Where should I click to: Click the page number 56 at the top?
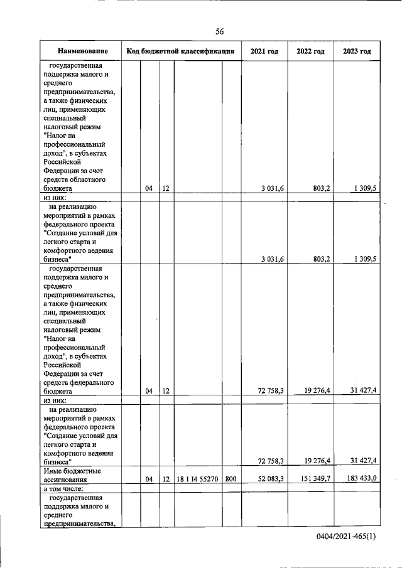pyautogui.click(x=220, y=31)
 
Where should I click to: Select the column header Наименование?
pyautogui.click(x=82, y=51)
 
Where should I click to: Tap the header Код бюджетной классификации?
pyautogui.click(x=181, y=51)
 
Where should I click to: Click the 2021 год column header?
pyautogui.click(x=264, y=51)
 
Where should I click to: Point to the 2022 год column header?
pyautogui.click(x=310, y=51)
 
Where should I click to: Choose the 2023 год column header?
pyautogui.click(x=357, y=51)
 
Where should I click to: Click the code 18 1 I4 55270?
pyautogui.click(x=197, y=479)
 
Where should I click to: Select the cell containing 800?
pyautogui.click(x=231, y=479)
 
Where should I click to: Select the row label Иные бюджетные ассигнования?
pyautogui.click(x=72, y=474)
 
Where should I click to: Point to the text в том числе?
pyautogui.click(x=67, y=488)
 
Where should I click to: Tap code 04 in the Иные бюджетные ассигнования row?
pyautogui.click(x=149, y=479)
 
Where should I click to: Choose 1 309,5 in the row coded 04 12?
pyautogui.click(x=364, y=188)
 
